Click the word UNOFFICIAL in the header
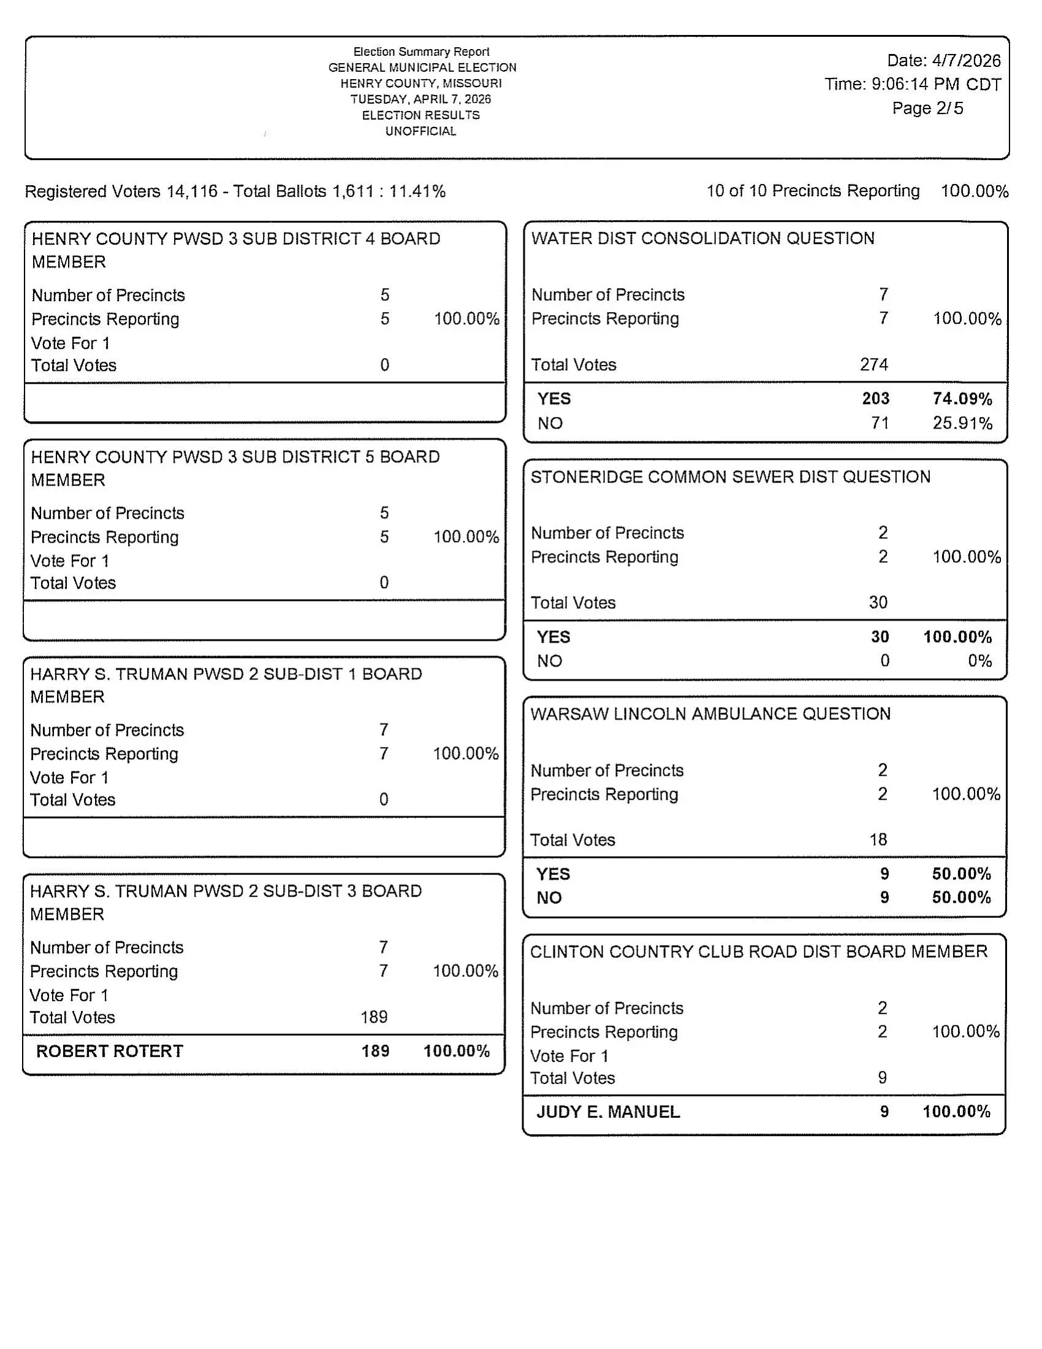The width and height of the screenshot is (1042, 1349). pos(420,131)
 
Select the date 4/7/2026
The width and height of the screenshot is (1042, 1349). pos(966,61)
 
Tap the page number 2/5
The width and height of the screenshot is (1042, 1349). pos(949,108)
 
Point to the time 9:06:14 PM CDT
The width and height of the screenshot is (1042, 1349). pos(936,84)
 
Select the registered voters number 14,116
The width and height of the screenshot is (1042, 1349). pos(192,191)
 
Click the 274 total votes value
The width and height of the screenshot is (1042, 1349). pos(874,364)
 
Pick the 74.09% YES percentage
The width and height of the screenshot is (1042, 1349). pos(962,399)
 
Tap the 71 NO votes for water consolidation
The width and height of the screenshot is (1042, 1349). pos(880,423)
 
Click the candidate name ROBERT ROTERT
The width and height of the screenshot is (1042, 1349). pos(109,1051)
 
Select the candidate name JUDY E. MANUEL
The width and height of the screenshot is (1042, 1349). pos(608,1112)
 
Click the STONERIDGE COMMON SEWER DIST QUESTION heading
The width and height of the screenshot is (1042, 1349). pos(730,477)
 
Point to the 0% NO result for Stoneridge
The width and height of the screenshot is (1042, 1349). pos(979,661)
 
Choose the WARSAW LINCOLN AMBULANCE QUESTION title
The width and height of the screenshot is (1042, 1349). pos(710,714)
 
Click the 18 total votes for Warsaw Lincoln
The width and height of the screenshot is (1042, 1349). pos(878,839)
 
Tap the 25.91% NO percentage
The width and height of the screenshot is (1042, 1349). pos(962,423)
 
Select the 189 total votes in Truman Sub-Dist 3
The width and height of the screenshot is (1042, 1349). pos(374,1017)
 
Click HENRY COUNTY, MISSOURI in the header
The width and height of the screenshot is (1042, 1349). pos(421,83)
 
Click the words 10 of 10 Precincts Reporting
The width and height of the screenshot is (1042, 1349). pos(812,191)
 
